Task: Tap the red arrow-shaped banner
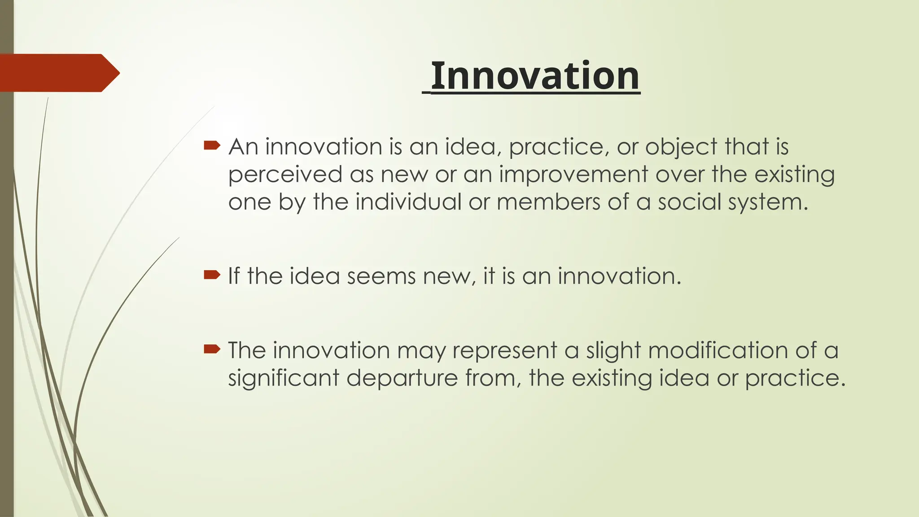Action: click(58, 73)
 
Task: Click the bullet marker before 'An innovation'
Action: click(212, 145)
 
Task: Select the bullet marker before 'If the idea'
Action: click(212, 274)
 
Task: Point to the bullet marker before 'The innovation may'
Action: click(212, 349)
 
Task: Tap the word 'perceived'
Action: click(285, 175)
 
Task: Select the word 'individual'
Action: click(408, 202)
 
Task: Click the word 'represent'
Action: click(504, 351)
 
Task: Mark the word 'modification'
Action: click(718, 350)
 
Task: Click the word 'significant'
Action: click(284, 378)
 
